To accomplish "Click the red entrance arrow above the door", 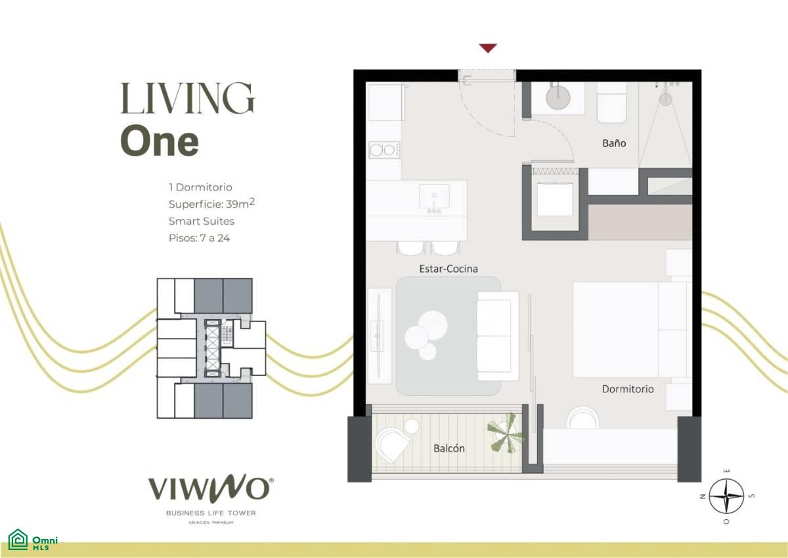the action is [x=488, y=48].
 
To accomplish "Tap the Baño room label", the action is [x=614, y=143].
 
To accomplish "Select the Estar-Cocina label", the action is [x=449, y=269].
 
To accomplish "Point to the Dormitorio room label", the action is [x=628, y=389].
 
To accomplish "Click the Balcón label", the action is [x=449, y=448].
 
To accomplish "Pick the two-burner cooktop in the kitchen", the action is [x=384, y=151].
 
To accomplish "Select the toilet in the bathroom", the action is [x=612, y=103].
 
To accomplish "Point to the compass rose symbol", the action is [x=726, y=496].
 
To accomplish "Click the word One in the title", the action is [x=160, y=141].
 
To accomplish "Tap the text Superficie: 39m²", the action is [x=211, y=204].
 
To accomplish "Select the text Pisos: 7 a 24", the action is [x=199, y=238].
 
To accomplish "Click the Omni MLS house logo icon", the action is [x=18, y=540].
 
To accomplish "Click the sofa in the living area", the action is [x=498, y=336].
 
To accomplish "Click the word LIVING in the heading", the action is [x=188, y=98].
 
